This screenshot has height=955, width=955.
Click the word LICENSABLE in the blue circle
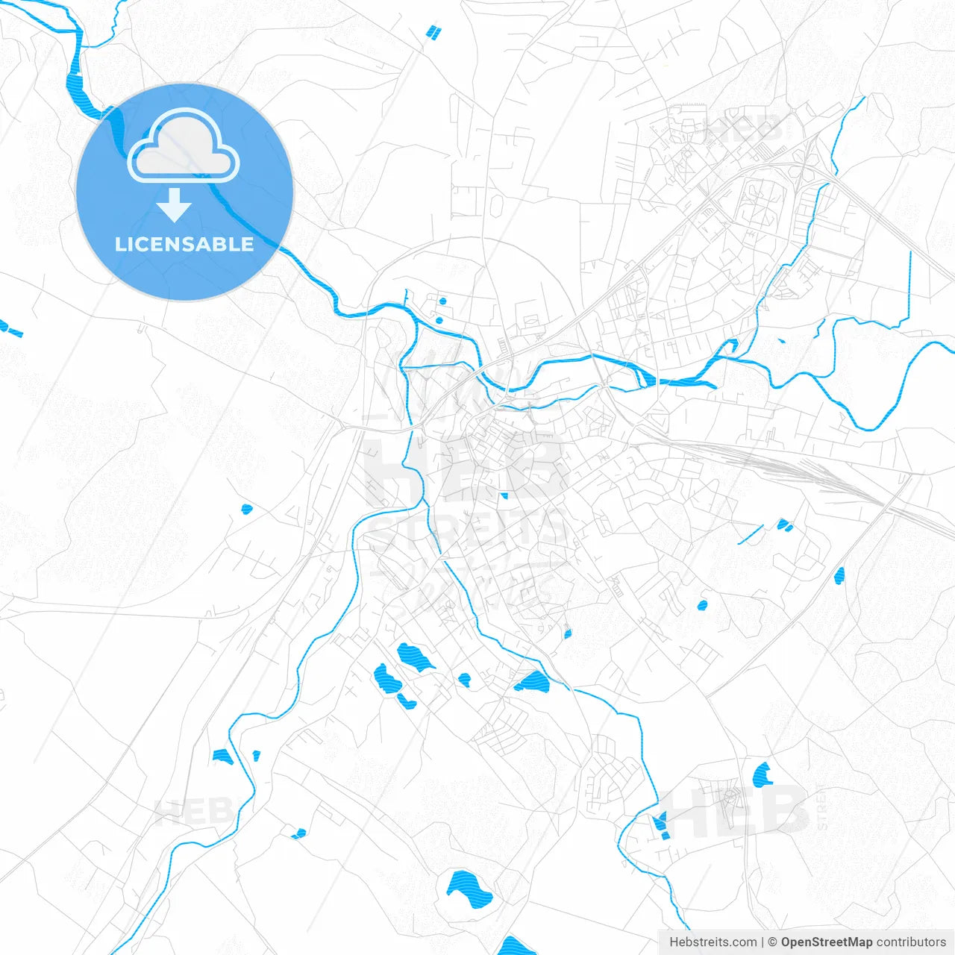click(184, 244)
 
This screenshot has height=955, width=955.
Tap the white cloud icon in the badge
click(184, 147)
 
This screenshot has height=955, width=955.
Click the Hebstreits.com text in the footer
click(713, 942)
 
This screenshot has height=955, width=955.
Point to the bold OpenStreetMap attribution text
click(826, 942)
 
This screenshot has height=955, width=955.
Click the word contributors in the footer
click(911, 942)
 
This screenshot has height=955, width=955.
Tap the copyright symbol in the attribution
click(773, 942)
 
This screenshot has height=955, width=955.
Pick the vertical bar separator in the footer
click(763, 942)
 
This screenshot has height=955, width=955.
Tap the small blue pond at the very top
click(433, 32)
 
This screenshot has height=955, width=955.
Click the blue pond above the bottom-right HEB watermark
click(763, 776)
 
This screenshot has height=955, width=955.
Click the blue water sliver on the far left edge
click(10, 328)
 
